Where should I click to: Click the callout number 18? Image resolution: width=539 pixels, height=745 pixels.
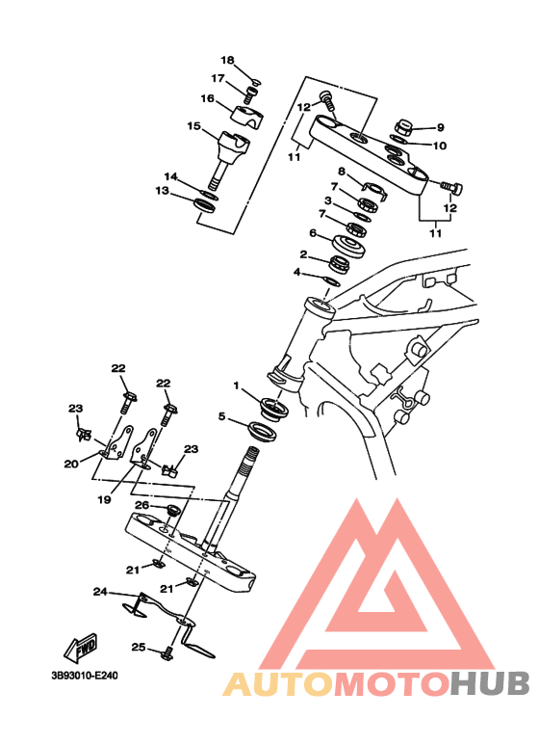[x=227, y=61]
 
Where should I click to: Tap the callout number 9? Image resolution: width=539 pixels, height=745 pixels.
[x=440, y=127]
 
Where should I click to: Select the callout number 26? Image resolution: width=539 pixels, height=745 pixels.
[x=142, y=505]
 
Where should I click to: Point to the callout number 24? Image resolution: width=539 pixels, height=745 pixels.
[x=100, y=592]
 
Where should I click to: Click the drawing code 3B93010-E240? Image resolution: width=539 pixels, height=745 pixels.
[x=84, y=676]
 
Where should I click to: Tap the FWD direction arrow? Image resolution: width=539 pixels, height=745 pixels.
[x=81, y=647]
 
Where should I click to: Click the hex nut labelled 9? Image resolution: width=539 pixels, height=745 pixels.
[x=405, y=127]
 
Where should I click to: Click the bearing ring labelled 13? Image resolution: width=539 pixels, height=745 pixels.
[x=205, y=205]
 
